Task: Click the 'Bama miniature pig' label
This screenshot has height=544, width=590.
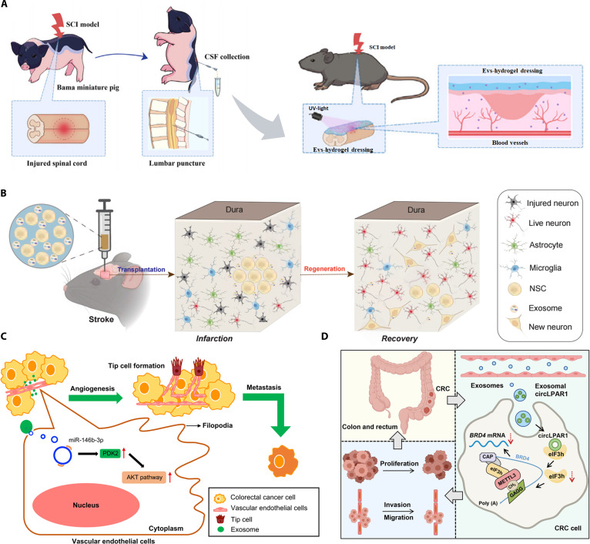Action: click(88, 87)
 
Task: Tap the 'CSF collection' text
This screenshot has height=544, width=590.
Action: click(227, 57)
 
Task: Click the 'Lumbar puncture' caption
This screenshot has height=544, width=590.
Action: click(177, 163)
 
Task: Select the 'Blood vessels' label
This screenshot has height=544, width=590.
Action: click(510, 143)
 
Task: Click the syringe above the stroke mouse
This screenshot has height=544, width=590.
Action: click(105, 231)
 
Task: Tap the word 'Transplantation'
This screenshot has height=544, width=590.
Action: click(141, 270)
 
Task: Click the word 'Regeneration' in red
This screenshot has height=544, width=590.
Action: click(324, 269)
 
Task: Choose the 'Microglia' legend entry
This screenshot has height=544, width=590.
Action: click(545, 268)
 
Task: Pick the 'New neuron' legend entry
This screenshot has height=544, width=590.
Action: click(550, 327)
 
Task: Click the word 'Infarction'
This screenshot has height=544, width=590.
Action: click(214, 338)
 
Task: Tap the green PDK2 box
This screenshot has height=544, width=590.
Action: click(110, 454)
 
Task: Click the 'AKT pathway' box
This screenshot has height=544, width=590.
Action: click(144, 478)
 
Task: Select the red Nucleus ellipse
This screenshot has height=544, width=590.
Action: click(85, 505)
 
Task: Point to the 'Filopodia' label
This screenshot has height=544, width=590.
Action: click(217, 425)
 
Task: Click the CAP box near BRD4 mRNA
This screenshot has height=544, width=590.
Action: click(488, 457)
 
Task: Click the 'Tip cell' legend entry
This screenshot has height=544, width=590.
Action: click(242, 519)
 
